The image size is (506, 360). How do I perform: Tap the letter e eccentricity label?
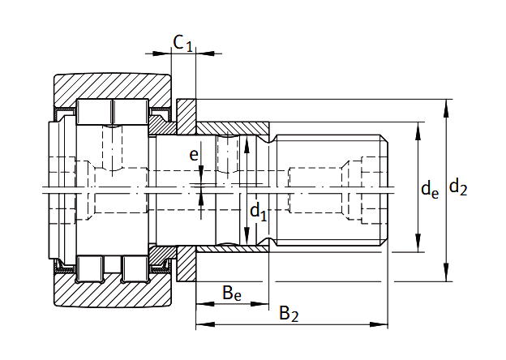coord(193,153)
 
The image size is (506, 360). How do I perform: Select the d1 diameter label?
coord(258,212)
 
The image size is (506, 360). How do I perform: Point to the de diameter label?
coord(430,191)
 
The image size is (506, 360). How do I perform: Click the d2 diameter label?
coord(458,188)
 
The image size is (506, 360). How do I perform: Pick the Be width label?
coord(232,292)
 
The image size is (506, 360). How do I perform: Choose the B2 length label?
coord(289,313)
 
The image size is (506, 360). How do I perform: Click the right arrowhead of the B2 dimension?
coord(384,325)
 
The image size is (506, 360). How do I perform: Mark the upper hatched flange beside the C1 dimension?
coord(187,114)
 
